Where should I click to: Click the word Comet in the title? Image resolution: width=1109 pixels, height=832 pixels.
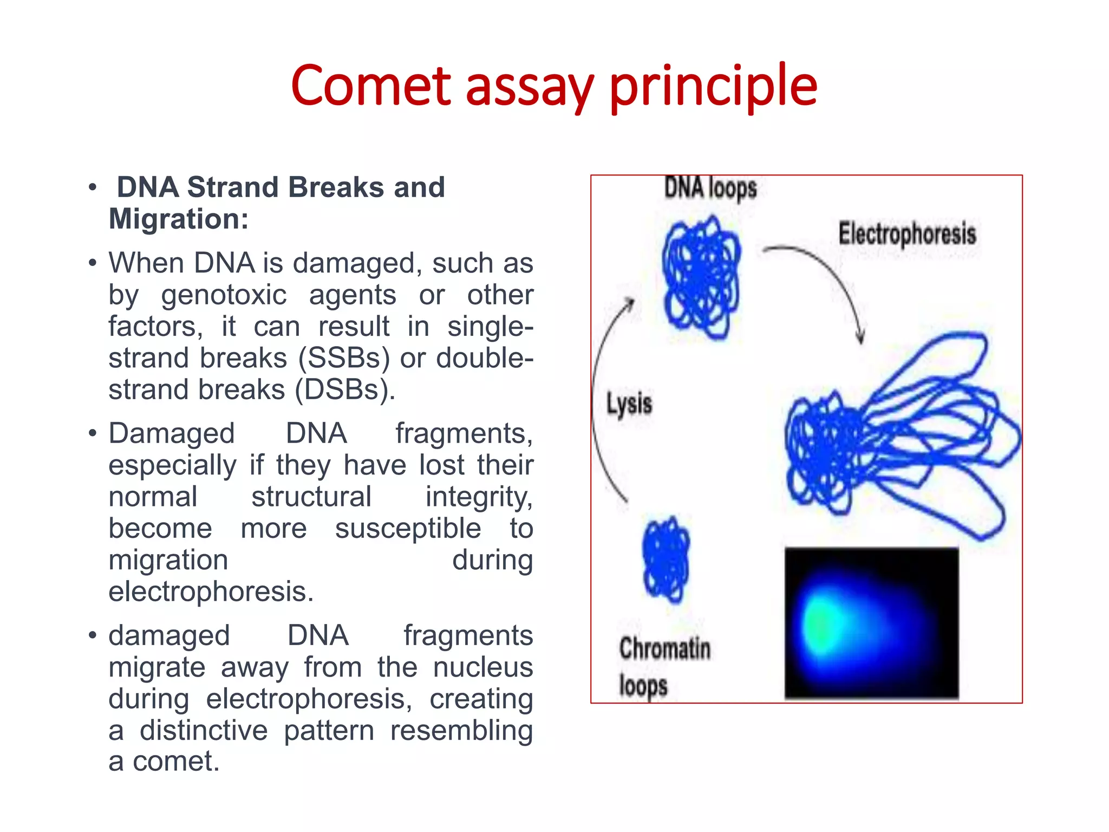coord(371,86)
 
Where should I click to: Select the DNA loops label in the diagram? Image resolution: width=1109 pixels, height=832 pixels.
coord(710,188)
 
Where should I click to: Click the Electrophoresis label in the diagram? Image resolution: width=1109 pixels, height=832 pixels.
coord(907,235)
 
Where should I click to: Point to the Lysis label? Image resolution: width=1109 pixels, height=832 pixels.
coord(629,404)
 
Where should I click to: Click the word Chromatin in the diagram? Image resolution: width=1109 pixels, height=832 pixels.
coord(664,649)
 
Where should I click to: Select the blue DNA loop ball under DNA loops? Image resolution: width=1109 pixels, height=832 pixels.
coord(701,277)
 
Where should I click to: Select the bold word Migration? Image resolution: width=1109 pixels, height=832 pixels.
coord(179,219)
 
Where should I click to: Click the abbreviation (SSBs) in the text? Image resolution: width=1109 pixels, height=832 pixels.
coord(344,359)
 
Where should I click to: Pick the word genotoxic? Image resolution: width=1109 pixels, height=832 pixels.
coord(224,296)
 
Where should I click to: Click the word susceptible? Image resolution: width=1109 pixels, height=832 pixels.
coord(408,529)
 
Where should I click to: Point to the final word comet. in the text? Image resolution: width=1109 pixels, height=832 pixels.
coord(176,762)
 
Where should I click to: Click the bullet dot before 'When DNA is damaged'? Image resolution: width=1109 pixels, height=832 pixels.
coord(93,264)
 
